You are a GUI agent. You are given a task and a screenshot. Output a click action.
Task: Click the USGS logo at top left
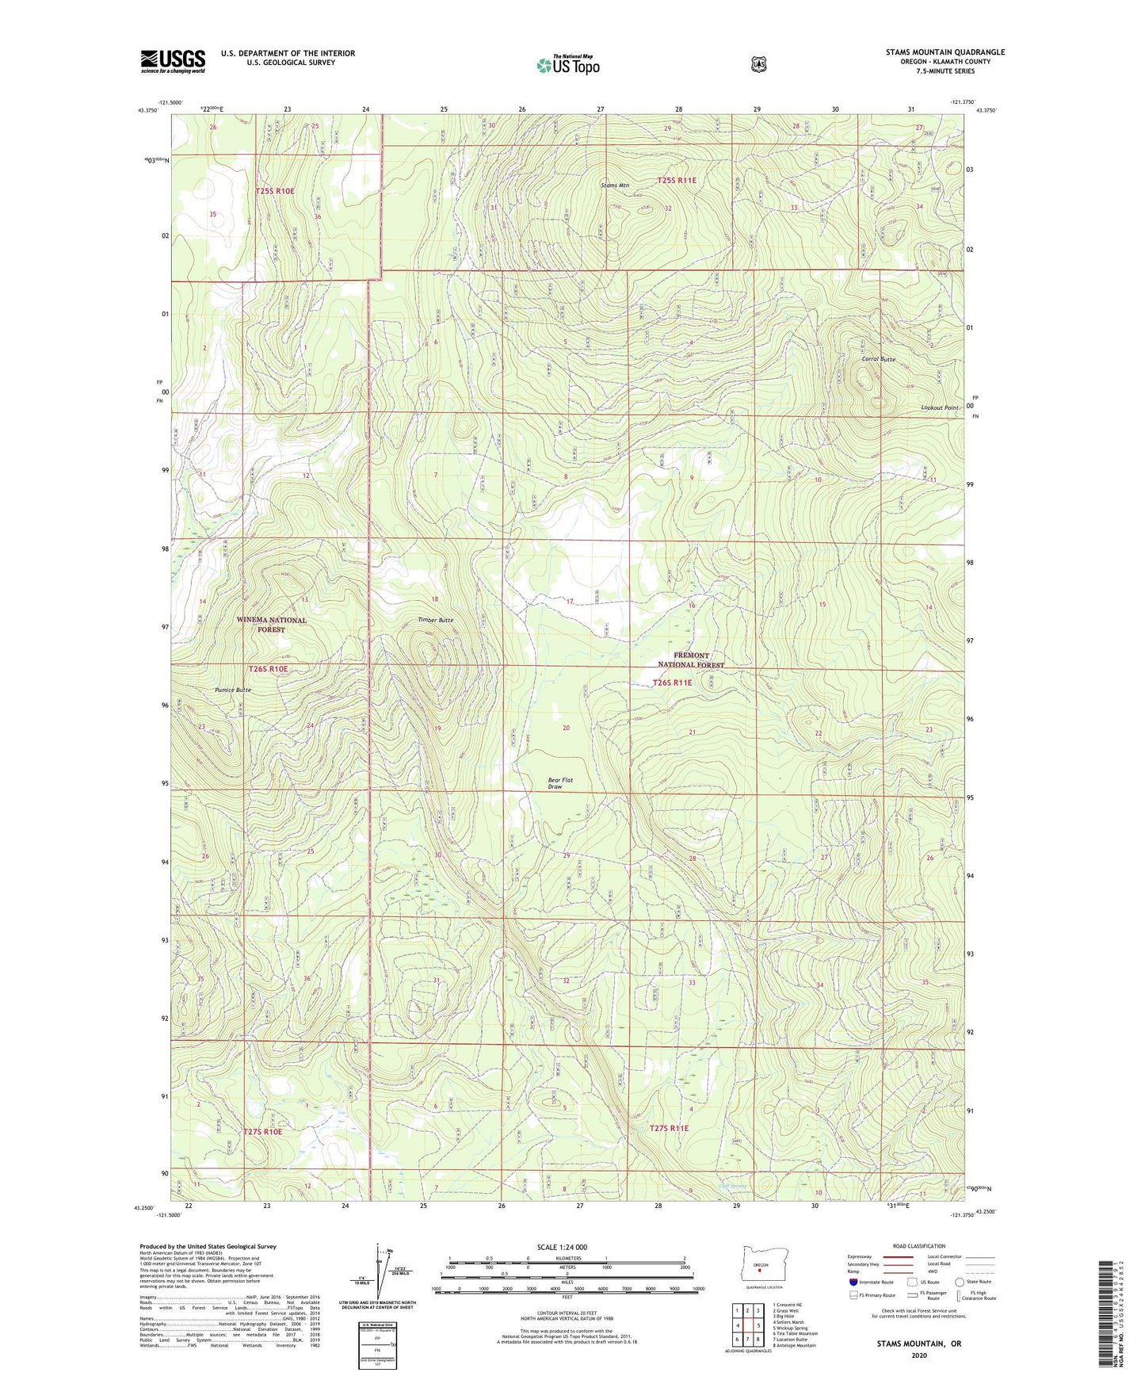[x=173, y=61]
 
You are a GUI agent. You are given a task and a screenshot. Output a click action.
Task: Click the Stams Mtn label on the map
[x=615, y=185]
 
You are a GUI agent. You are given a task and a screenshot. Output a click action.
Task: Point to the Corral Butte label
[x=878, y=359]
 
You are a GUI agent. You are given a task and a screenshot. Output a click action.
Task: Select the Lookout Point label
[x=940, y=407]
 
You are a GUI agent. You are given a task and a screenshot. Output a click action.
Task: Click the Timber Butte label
[x=436, y=620]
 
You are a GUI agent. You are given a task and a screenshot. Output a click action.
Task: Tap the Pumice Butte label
[x=233, y=690]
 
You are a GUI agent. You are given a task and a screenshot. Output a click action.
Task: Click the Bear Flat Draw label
[x=560, y=783]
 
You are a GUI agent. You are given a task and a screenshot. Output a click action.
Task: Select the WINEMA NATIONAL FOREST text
[x=272, y=625]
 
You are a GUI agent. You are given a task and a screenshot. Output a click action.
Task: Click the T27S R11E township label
[x=670, y=1128]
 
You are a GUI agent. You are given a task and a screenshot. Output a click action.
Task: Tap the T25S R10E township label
[x=275, y=191]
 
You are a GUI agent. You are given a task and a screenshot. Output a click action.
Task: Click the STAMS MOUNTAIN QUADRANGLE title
[x=945, y=52]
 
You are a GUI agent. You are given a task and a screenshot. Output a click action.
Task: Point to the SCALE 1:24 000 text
[x=562, y=1247]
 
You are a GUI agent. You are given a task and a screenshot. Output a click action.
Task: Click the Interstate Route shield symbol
[x=853, y=1282]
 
